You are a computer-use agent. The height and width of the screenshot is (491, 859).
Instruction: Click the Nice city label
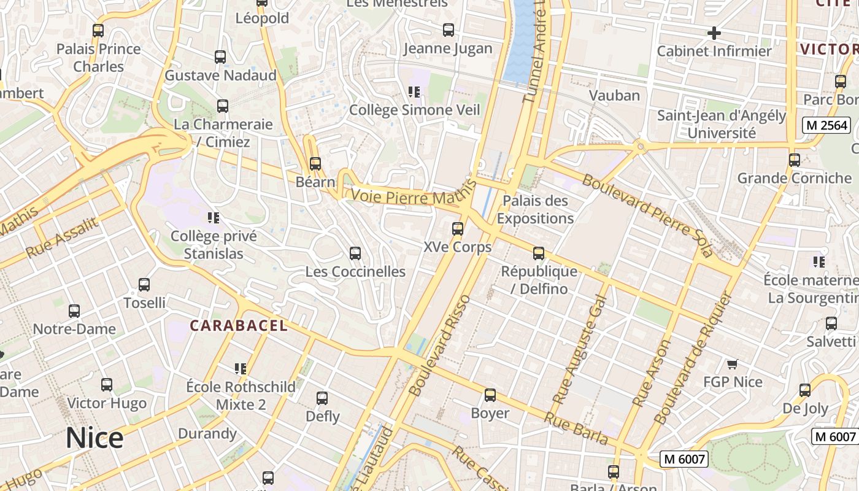coord(94,438)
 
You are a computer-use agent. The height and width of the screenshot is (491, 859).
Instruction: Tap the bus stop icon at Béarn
coord(315,164)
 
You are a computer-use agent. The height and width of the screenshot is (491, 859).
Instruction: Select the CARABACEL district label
coord(239,325)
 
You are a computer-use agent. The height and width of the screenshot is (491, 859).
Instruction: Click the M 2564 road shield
coord(826,126)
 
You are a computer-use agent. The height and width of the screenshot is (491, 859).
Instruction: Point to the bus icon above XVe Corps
coord(458,229)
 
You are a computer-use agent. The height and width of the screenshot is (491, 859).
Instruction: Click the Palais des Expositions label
coord(535,209)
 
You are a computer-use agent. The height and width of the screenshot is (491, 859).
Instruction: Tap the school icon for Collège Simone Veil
coord(414,92)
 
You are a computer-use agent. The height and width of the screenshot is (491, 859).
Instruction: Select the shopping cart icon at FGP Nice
coord(732,365)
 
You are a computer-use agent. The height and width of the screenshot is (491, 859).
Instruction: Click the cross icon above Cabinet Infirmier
coord(714,33)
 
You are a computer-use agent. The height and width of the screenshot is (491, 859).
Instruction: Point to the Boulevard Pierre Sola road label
coord(647,215)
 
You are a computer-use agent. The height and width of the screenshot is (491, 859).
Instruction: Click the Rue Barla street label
coord(576,428)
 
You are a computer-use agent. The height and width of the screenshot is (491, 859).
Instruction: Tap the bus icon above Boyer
coord(490,395)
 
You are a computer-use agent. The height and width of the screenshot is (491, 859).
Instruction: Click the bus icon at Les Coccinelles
coord(355,253)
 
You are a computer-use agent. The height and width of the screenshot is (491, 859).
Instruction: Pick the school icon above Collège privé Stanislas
coord(214,218)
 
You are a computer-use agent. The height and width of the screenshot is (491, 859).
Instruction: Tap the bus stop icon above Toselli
coord(144,285)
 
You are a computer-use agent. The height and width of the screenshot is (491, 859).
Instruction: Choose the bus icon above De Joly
coord(805,390)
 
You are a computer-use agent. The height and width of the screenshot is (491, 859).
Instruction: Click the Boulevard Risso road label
coord(439,345)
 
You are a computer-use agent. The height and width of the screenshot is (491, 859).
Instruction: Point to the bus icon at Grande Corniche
coord(795,160)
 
